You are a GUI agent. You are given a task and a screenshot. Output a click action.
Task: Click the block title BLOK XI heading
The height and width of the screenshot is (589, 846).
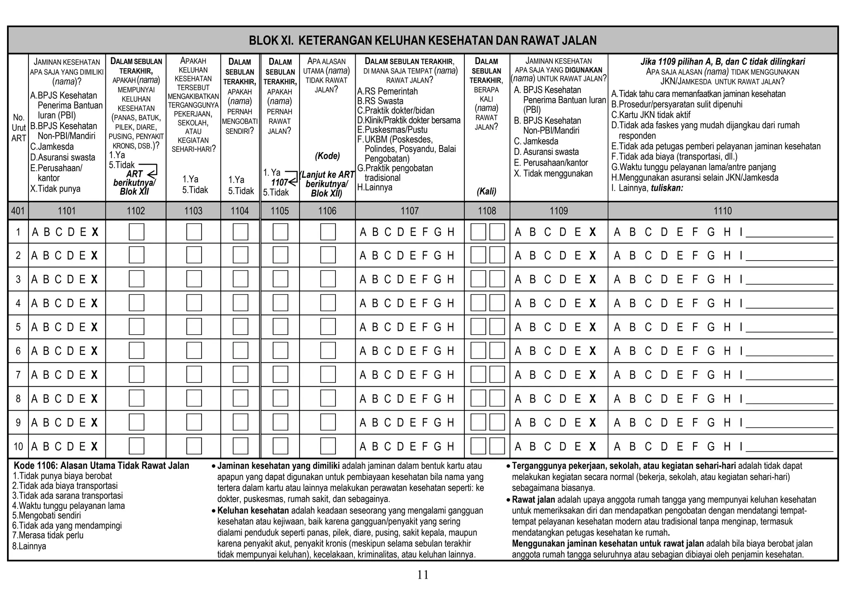click(x=423, y=40)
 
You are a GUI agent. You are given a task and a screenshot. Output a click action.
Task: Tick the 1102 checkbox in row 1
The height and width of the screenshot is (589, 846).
click(x=136, y=232)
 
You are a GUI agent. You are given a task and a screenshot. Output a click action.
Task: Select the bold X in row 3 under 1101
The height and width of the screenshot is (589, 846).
click(x=95, y=280)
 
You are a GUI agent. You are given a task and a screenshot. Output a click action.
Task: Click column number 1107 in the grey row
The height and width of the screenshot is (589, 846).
click(x=409, y=211)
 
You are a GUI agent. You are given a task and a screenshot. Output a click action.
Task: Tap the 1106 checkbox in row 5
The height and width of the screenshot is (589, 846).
click(x=328, y=327)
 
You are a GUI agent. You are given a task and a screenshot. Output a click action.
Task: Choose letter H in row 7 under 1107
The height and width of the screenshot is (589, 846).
click(x=451, y=375)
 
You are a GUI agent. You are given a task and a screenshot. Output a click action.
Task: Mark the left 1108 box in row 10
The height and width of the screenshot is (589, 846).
click(x=478, y=446)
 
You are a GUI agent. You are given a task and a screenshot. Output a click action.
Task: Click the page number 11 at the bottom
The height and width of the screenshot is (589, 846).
click(x=423, y=575)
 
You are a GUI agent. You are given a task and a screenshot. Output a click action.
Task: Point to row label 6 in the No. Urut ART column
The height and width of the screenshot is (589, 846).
click(x=18, y=351)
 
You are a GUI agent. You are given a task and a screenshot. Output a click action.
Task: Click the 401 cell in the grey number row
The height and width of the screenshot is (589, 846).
click(x=18, y=211)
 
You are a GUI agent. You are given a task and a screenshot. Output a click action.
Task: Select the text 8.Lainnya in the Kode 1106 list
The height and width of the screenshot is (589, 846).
click(x=29, y=546)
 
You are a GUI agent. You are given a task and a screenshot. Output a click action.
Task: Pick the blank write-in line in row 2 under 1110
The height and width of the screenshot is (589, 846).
click(x=789, y=259)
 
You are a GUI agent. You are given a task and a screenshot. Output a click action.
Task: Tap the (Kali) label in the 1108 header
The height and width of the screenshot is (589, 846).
click(x=487, y=191)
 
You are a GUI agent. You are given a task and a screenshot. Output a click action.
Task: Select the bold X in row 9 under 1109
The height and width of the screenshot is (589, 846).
click(x=593, y=423)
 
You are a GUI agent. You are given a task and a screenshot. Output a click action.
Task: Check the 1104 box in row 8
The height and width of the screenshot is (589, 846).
click(x=240, y=399)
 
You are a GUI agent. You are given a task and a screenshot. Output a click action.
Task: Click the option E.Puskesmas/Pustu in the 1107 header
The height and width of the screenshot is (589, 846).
click(x=392, y=130)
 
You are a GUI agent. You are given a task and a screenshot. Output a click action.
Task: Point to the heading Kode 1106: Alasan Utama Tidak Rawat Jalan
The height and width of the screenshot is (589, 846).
click(x=101, y=465)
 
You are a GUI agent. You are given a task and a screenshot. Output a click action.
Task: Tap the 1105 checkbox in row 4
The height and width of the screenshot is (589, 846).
click(x=280, y=303)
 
